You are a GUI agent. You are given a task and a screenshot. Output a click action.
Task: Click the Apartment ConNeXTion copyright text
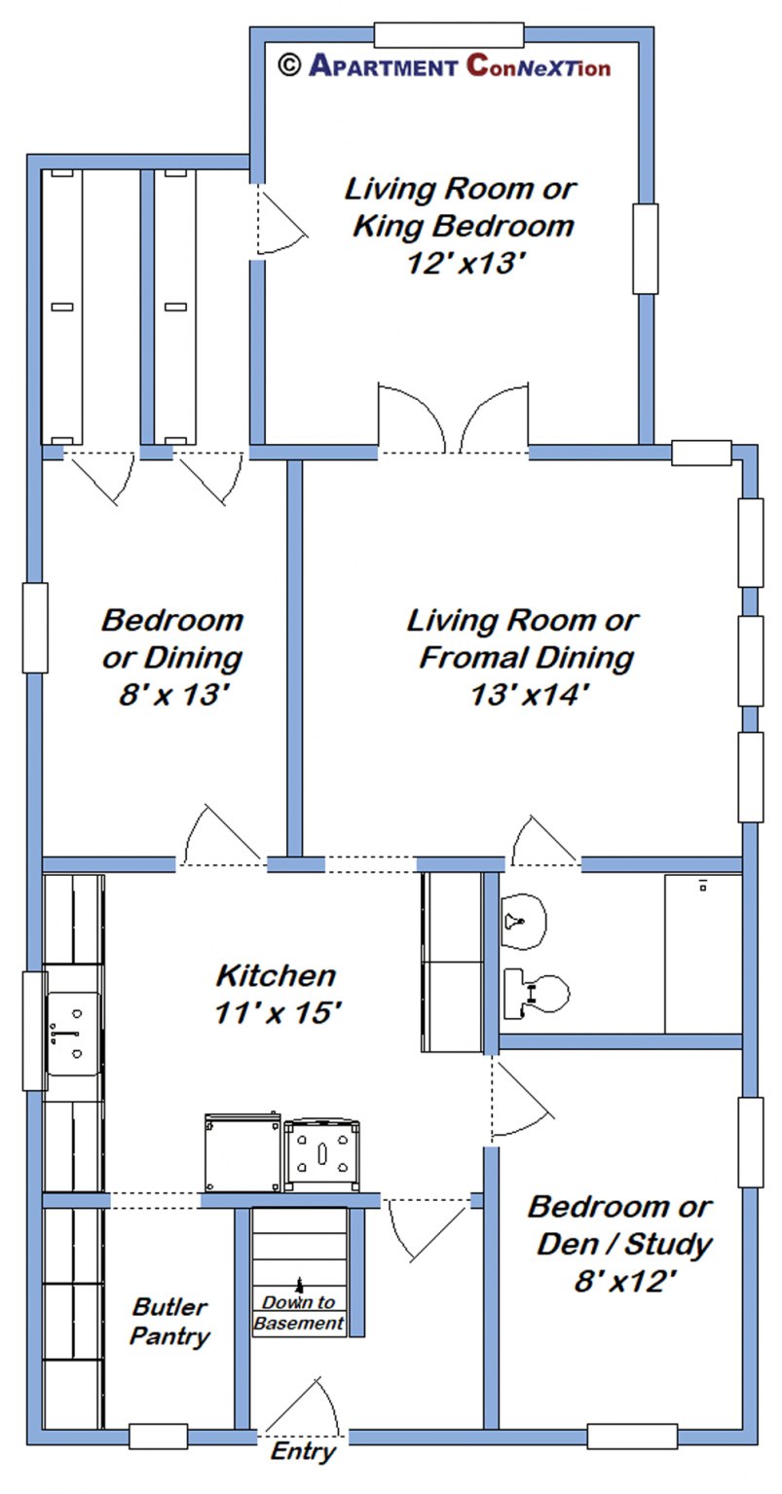pos(444,65)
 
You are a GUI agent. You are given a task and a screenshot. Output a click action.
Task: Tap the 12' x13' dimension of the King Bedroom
pos(460,264)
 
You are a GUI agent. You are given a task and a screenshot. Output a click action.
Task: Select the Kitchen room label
pos(276,974)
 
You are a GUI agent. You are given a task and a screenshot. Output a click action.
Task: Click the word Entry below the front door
pos(302,1452)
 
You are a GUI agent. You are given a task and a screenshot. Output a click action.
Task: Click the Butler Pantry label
pos(171,1322)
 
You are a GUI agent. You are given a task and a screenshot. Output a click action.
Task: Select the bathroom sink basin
pos(524,919)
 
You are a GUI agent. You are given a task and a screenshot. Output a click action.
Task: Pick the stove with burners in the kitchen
pos(321,1155)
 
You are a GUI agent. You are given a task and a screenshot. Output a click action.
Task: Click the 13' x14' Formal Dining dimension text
pos(521,695)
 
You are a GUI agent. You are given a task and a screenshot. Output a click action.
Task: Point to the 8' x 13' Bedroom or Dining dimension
pos(171,695)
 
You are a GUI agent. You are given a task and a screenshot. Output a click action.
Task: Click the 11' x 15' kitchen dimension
pos(276,1012)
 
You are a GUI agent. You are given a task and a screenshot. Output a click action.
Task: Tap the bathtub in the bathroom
pos(703,954)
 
